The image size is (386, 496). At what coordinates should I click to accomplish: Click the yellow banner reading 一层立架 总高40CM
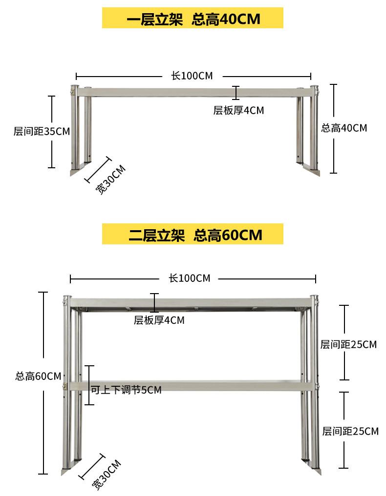[193, 19]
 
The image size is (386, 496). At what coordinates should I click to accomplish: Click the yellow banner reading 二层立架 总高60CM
[193, 235]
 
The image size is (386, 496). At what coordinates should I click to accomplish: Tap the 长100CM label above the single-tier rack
[192, 76]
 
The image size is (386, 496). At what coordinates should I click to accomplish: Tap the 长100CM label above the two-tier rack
[190, 278]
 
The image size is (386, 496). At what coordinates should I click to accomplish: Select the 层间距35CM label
[42, 132]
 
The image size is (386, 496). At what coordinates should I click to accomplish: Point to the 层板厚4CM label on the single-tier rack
[238, 111]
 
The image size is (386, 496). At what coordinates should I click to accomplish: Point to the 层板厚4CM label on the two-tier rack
[159, 320]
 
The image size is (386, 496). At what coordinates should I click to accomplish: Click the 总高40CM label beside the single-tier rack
[344, 128]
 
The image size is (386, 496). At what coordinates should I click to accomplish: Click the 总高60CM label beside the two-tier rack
[38, 377]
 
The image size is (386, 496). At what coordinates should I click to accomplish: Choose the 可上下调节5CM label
[126, 390]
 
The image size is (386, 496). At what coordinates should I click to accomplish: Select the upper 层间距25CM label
[348, 345]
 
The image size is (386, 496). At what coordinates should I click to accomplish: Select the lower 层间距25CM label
[350, 432]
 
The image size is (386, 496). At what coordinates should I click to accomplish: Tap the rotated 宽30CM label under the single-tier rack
[110, 180]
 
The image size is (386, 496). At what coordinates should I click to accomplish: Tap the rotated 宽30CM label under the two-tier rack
[107, 475]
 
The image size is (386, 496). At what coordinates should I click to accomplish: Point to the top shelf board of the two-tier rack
[191, 303]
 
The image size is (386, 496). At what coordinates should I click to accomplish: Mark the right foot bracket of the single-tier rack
[311, 169]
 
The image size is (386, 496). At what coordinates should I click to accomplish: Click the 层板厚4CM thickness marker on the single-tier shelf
[236, 93]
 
